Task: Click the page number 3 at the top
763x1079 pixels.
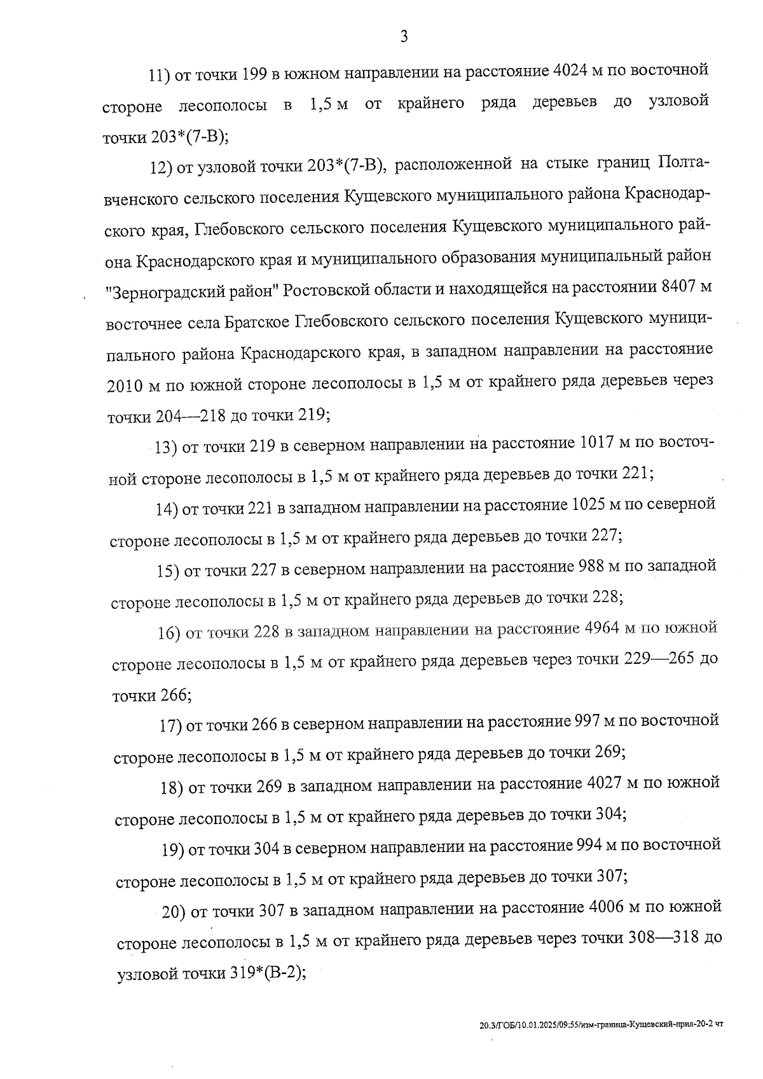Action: [x=404, y=37]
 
